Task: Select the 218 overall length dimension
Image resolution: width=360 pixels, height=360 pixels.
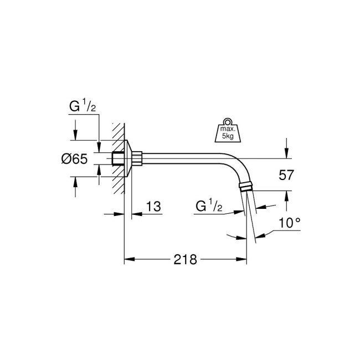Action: pyautogui.click(x=186, y=259)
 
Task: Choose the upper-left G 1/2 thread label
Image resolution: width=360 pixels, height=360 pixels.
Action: pyautogui.click(x=81, y=107)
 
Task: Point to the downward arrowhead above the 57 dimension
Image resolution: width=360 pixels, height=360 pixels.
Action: pyautogui.click(x=286, y=155)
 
